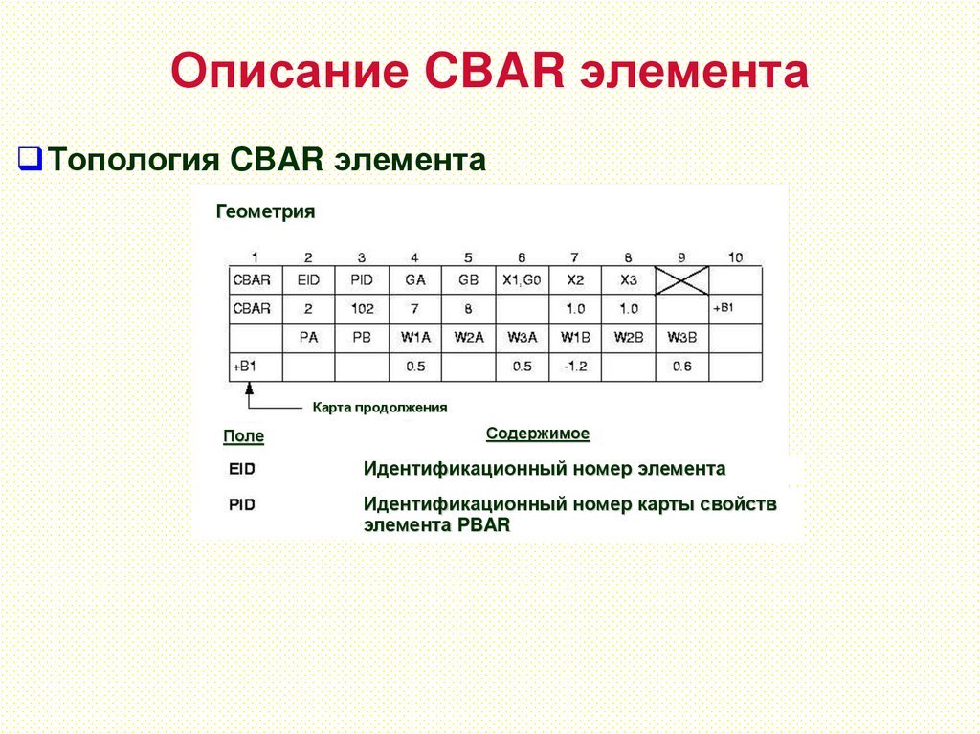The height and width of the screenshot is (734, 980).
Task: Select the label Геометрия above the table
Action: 265,211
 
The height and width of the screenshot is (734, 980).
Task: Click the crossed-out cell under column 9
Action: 680,279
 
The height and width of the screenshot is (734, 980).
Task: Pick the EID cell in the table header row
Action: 308,280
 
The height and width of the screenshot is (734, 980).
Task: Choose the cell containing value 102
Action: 362,309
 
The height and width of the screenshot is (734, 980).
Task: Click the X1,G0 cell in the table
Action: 522,280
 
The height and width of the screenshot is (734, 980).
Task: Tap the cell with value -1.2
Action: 574,367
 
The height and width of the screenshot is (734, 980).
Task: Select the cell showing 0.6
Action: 681,367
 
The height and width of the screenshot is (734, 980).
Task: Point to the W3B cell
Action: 681,337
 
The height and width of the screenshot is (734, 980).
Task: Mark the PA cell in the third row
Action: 308,337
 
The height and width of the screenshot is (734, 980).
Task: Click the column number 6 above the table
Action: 522,257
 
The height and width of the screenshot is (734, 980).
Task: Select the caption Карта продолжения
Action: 380,408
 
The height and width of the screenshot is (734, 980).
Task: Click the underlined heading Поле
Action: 243,436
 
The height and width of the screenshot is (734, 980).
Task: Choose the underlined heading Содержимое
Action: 538,434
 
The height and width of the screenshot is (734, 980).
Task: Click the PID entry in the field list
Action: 242,504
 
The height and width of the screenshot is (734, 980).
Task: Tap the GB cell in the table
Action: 468,280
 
